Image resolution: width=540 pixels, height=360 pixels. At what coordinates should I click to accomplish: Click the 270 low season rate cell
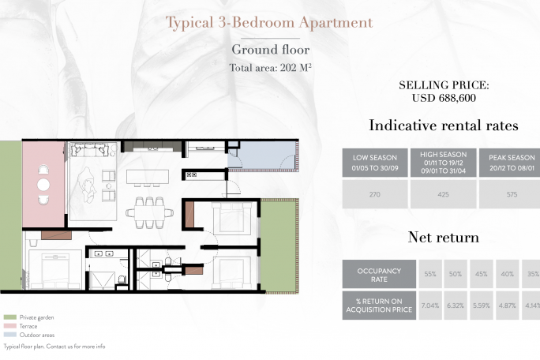375,194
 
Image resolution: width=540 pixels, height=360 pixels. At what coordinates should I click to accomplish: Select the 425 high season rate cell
443,194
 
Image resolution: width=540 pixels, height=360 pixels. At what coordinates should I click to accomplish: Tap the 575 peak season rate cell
511,194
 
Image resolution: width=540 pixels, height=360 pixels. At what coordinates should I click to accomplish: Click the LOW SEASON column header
375,163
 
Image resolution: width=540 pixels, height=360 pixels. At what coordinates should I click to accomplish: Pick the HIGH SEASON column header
443,163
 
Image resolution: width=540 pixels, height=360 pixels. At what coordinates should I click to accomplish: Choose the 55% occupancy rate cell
430,274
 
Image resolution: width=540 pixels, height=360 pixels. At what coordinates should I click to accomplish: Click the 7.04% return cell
430,306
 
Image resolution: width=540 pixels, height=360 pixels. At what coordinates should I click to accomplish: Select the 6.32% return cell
456,306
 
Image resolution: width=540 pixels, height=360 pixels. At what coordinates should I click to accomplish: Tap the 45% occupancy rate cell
482,274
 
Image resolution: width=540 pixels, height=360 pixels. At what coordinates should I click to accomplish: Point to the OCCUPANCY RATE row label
379,274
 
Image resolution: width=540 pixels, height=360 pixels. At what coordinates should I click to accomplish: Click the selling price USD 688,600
444,98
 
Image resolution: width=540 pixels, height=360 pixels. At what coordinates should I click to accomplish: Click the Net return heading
444,238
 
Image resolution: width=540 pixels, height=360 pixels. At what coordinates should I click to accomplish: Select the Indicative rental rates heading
444,126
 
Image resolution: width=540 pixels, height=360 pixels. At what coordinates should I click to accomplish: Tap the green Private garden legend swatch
10,317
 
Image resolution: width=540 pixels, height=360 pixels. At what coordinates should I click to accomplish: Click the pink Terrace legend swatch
10,326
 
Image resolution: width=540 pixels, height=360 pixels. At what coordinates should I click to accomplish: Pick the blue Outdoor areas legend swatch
10,335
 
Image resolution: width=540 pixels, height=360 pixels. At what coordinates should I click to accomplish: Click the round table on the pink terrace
43,185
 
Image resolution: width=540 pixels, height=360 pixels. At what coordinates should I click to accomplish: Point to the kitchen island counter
148,177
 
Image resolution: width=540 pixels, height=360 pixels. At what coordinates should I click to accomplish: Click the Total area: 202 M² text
270,68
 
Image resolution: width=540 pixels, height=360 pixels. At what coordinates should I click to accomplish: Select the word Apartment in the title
336,23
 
